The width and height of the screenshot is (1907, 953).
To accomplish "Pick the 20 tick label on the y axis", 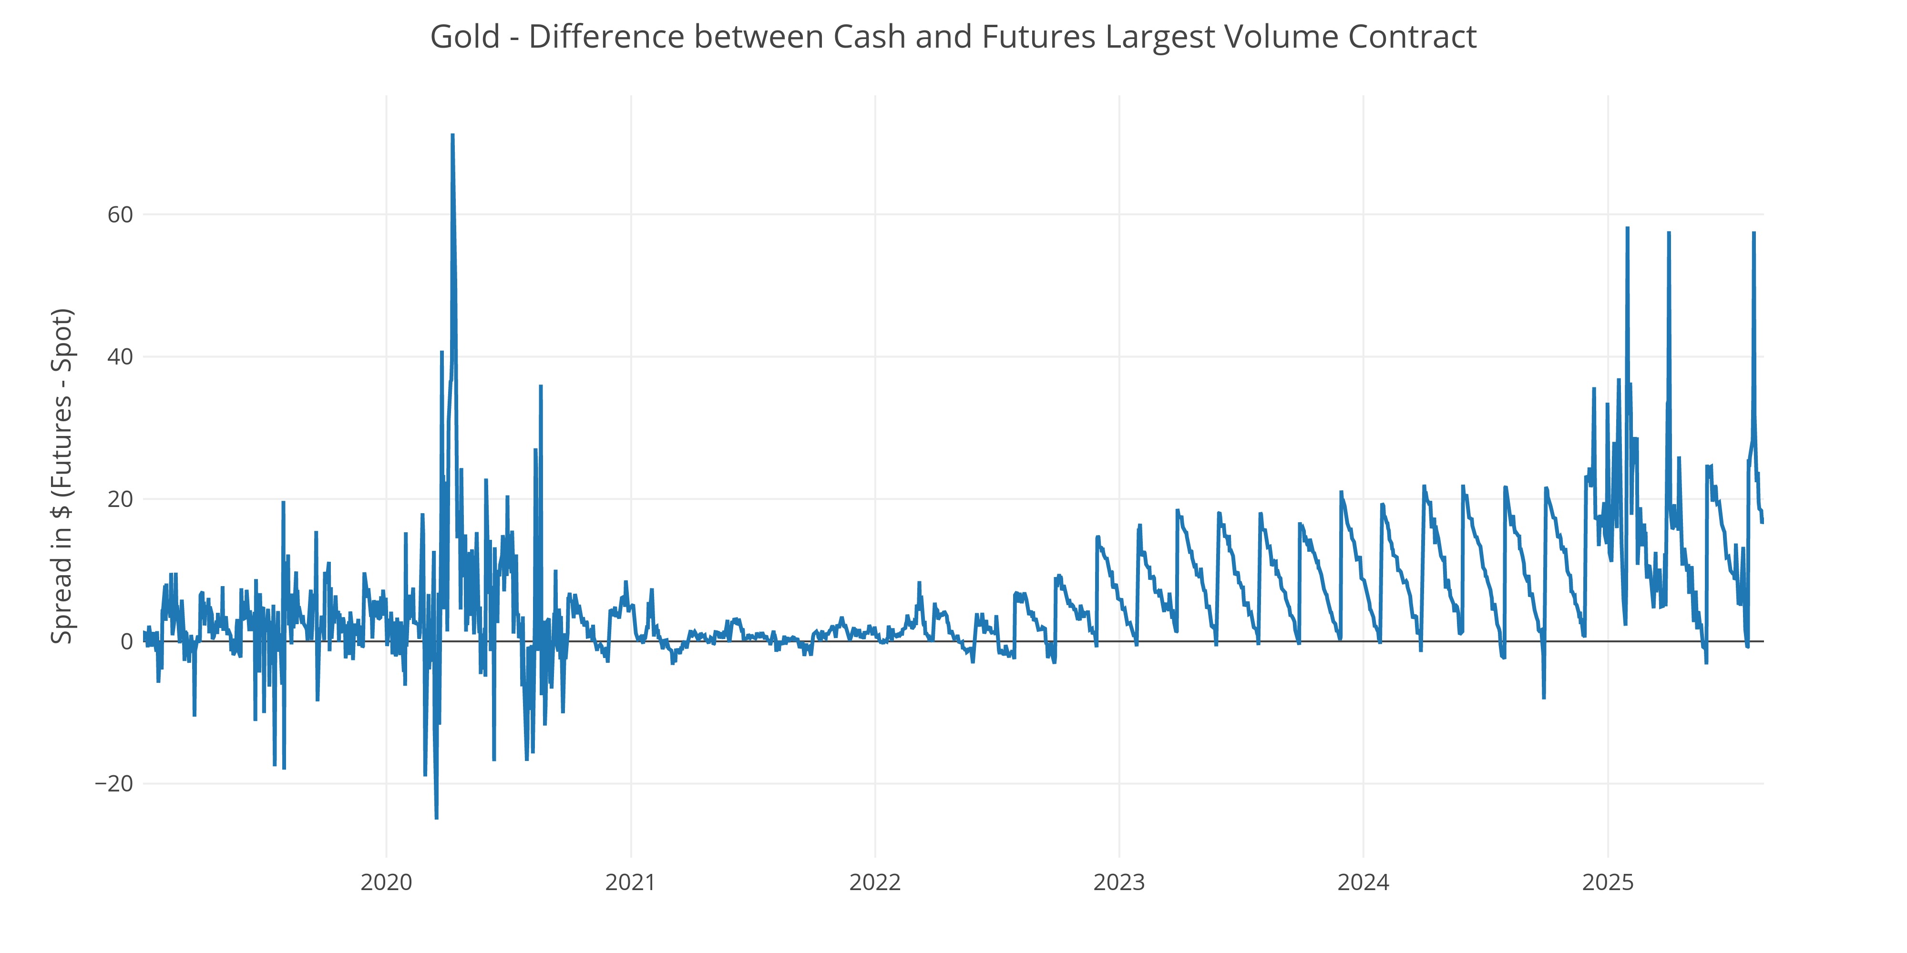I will click(120, 499).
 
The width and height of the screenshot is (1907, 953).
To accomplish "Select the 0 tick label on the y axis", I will click(127, 641).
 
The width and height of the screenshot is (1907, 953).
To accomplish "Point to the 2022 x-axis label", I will click(874, 882).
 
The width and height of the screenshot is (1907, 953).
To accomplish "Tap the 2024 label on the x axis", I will click(1363, 882).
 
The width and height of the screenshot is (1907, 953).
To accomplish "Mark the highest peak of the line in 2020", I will click(452, 135).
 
